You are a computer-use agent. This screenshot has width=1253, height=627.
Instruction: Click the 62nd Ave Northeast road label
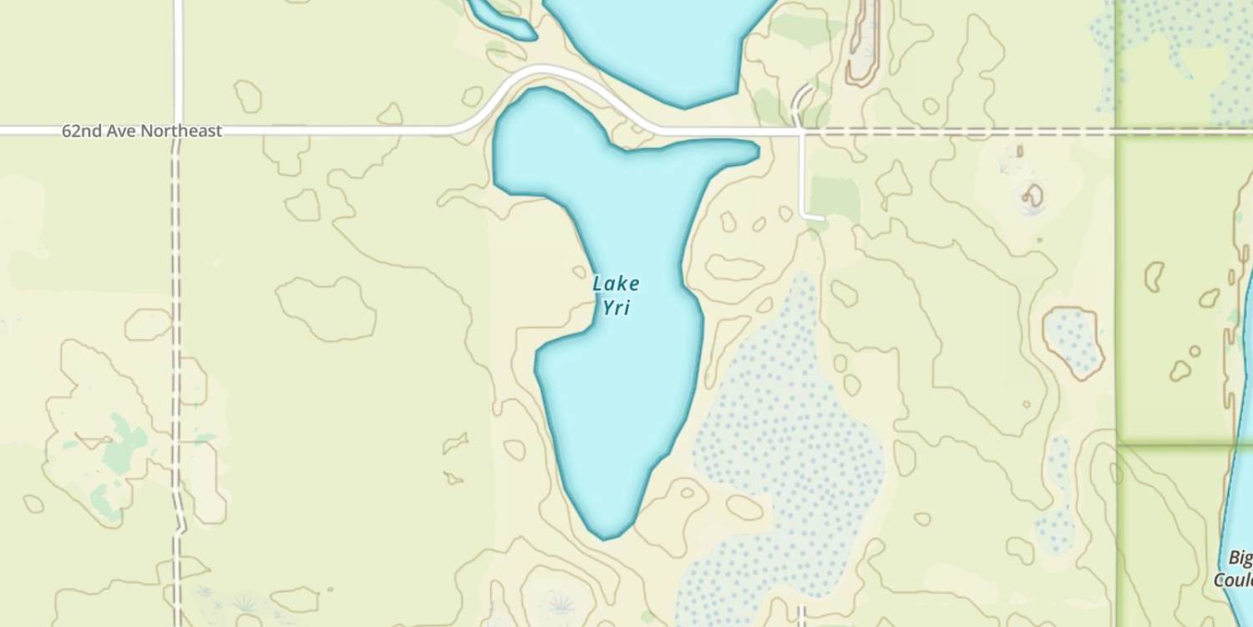pyautogui.click(x=142, y=131)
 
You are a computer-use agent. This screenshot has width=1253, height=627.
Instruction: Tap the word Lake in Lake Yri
pyautogui.click(x=616, y=283)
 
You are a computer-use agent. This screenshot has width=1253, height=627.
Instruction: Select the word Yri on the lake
pyautogui.click(x=616, y=308)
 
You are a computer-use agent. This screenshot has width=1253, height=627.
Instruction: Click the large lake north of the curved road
pyautogui.click(x=660, y=42)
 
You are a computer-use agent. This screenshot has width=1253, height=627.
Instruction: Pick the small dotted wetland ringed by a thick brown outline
pyautogui.click(x=1073, y=340)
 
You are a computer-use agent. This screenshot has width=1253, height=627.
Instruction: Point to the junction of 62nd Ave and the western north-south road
pyautogui.click(x=177, y=130)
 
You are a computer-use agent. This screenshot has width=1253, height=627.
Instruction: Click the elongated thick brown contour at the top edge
pyautogui.click(x=863, y=42)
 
